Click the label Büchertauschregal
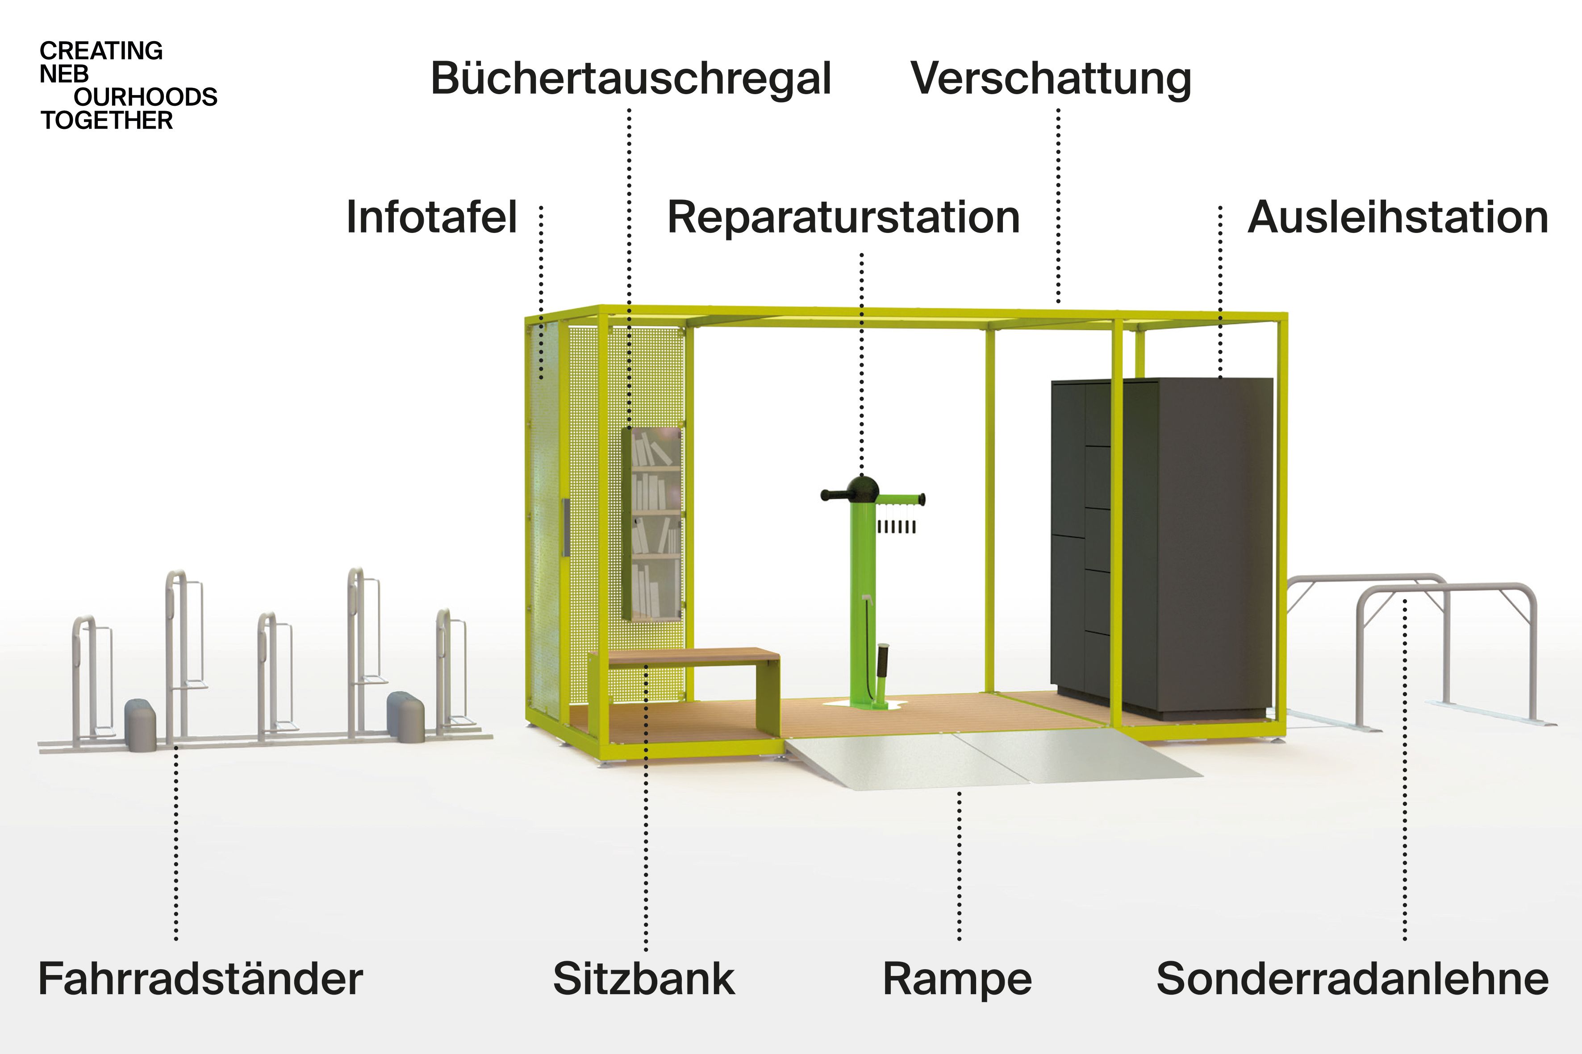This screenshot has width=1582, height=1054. pos(631,79)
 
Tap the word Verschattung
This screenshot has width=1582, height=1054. pos(1051,79)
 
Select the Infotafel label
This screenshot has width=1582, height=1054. pos(431,217)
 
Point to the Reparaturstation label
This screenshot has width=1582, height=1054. pos(843,217)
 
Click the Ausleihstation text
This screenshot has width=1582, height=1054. pos(1398,217)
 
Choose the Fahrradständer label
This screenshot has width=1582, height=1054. pos(200,979)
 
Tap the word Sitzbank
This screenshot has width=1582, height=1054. pos(644,979)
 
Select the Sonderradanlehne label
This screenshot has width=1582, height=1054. pos(1352,979)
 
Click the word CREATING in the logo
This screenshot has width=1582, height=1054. pos(101,51)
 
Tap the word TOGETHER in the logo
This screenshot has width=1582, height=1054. pos(106,120)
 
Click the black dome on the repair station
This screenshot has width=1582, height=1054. pos(862,490)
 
